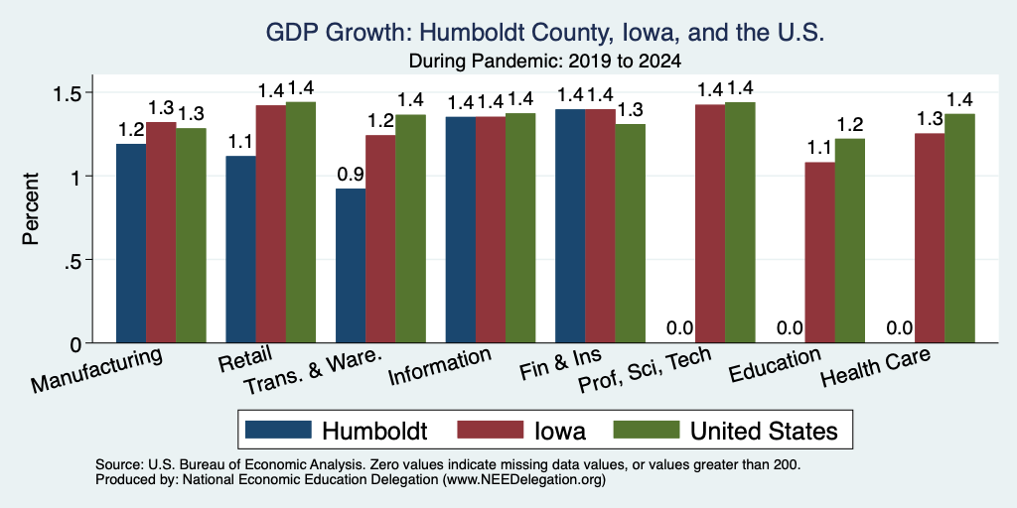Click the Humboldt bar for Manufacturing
tap(131, 243)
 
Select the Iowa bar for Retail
tap(271, 223)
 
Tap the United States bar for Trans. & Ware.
tap(410, 229)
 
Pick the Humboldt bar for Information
tap(461, 229)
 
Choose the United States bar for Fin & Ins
tap(631, 233)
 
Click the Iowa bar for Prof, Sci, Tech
tap(710, 223)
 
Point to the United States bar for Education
tap(850, 240)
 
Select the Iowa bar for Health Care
tap(930, 238)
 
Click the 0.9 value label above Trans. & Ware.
tap(351, 175)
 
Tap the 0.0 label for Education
tap(790, 327)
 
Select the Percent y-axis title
tap(31, 208)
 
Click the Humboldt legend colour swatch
tap(279, 430)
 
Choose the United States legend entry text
tap(764, 431)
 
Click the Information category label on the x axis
tap(439, 367)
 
